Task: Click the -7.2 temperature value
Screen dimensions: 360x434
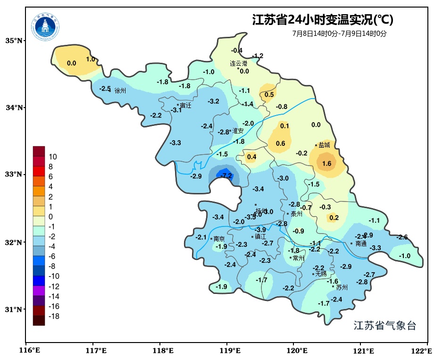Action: pos(227,176)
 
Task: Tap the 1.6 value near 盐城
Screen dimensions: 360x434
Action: pos(326,164)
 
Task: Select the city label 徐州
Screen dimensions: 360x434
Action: pos(120,91)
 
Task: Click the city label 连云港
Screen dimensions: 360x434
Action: pos(238,63)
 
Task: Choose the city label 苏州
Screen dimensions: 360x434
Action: pos(342,287)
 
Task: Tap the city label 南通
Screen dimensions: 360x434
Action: pos(361,244)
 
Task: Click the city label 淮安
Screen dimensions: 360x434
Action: pos(238,131)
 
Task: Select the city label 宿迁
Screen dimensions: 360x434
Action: pos(185,106)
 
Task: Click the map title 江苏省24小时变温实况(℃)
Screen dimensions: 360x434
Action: pos(323,20)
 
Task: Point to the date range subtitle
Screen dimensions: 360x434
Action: pos(339,33)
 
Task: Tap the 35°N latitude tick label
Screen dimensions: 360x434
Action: pos(14,41)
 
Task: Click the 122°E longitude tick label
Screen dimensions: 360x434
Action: pos(423,351)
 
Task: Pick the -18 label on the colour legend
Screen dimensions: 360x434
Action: pos(54,316)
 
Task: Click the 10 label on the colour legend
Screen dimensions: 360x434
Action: pos(53,157)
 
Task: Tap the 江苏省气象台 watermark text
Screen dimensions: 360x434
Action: pos(384,326)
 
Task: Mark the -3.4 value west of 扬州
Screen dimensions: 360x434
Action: pos(218,217)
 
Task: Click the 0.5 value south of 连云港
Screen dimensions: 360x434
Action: pos(269,95)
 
